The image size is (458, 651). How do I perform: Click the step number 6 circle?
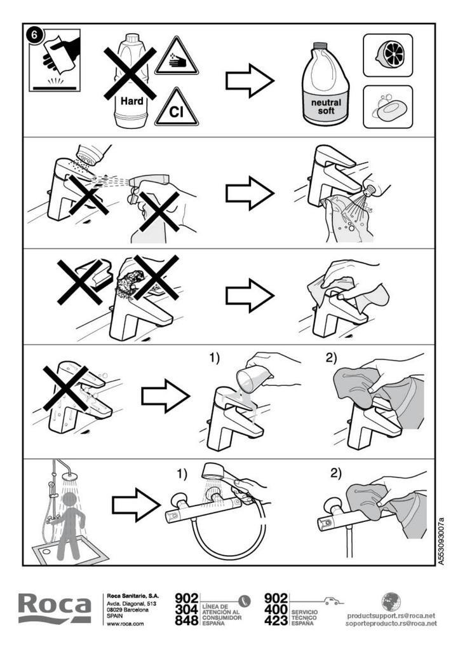[34, 34]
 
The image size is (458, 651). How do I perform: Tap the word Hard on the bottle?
[132, 101]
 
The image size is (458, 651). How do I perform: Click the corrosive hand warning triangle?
[177, 57]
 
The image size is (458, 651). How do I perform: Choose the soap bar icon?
[389, 107]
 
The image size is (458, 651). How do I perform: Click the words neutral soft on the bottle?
[326, 106]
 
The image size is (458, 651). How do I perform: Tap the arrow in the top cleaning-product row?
[250, 81]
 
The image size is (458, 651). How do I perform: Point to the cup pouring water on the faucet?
[252, 378]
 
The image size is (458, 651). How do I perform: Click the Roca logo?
[54, 608]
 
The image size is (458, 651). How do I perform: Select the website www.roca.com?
[125, 624]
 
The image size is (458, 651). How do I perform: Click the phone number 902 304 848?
[186, 609]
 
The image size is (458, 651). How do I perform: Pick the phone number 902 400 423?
[276, 609]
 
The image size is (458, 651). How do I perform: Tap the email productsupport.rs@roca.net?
[391, 615]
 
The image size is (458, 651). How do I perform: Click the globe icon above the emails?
[391, 601]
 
